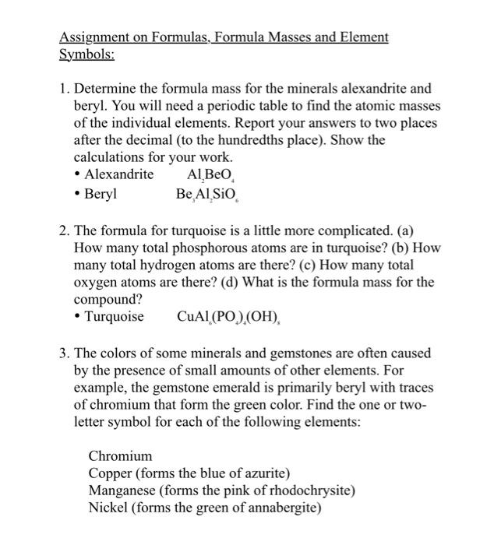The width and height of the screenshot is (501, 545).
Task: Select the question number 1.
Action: coord(65,89)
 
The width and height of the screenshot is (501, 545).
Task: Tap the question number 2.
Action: coord(64,230)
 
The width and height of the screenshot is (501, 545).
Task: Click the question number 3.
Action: coord(64,353)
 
